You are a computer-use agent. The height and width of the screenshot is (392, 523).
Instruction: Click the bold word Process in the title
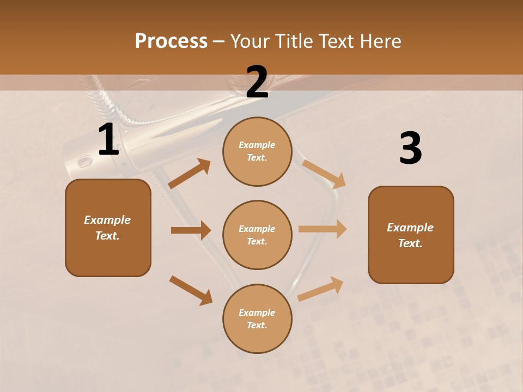click(x=171, y=41)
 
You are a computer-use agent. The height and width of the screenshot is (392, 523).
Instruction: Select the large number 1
click(x=108, y=140)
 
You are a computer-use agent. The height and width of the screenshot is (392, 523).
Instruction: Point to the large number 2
click(x=257, y=82)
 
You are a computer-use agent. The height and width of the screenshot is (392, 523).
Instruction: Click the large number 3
click(x=410, y=148)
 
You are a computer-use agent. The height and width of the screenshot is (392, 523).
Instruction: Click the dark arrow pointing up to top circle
click(x=190, y=174)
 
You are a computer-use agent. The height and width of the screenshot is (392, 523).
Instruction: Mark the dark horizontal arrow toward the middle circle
click(x=191, y=230)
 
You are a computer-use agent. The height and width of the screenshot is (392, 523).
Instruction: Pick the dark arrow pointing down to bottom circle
click(x=191, y=290)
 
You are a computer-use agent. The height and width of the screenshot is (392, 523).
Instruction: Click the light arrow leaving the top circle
click(x=324, y=174)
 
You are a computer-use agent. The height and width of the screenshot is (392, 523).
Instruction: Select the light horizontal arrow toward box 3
click(x=323, y=229)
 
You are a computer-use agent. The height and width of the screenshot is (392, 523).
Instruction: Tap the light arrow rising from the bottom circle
click(x=320, y=289)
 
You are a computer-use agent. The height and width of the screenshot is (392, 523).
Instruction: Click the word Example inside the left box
click(x=107, y=220)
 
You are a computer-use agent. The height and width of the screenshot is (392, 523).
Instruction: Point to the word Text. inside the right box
click(x=410, y=243)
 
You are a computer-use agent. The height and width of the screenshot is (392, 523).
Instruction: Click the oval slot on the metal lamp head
click(x=85, y=161)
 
